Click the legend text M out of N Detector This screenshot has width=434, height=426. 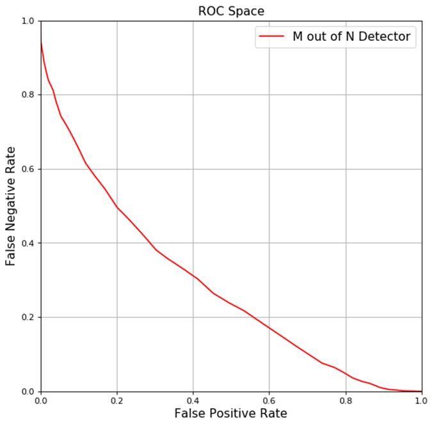(x=351, y=36)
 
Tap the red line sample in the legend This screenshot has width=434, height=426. (x=271, y=36)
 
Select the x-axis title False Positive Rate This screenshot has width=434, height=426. (x=230, y=413)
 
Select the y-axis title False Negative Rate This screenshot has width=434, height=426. (x=11, y=206)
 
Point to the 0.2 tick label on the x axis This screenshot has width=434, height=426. (x=117, y=401)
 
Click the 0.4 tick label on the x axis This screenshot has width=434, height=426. (x=193, y=401)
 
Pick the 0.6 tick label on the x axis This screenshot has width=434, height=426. (x=269, y=401)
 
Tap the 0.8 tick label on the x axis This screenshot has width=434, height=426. (x=345, y=401)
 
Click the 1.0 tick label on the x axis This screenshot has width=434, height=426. (x=421, y=401)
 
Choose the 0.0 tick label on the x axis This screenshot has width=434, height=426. (x=40, y=401)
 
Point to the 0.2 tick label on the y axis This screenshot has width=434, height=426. (x=27, y=317)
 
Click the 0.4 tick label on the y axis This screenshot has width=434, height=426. (x=27, y=243)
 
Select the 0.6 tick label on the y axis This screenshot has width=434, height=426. (x=27, y=169)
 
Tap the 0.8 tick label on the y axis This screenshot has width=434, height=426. (x=27, y=95)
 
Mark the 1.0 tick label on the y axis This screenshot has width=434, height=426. (x=27, y=21)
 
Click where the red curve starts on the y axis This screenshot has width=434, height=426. (x=41, y=38)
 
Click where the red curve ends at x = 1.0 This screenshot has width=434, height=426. (x=421, y=391)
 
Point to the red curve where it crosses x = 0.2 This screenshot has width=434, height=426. (x=117, y=207)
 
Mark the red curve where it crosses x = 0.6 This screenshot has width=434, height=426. (x=269, y=327)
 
